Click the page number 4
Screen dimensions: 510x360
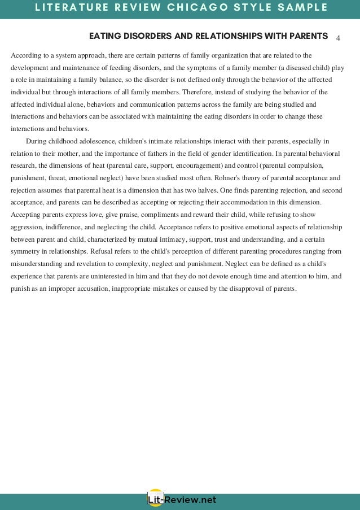[x=337, y=38]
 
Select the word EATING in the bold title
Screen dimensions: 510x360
[x=103, y=36]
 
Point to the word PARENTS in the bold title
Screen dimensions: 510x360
[x=308, y=36]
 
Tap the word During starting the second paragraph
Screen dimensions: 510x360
[x=37, y=141]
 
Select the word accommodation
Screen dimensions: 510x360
[x=220, y=202]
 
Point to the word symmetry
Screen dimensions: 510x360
[x=26, y=251]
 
